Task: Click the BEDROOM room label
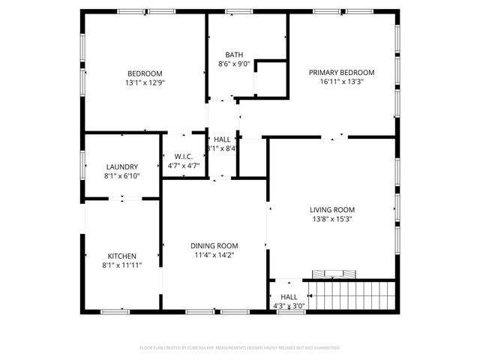coord(145,73)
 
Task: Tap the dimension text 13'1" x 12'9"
coord(145,82)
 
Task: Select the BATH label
coord(233,55)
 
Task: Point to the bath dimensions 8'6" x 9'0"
coord(233,64)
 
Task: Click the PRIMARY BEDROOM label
coord(341,73)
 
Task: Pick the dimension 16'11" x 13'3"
coord(341,82)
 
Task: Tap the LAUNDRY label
coord(121,166)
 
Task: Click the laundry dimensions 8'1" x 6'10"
coord(121,176)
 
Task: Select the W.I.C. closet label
coord(184,156)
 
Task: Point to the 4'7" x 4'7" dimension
coord(184,166)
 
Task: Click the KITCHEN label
coord(121,256)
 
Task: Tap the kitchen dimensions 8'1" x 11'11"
coord(121,265)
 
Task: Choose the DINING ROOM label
coord(214,245)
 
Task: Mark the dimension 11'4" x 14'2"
coord(214,255)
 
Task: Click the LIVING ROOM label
coord(332,209)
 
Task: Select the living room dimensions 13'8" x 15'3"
coord(332,220)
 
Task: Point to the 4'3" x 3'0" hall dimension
coord(289,305)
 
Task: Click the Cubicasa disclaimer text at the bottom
coord(240,348)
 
